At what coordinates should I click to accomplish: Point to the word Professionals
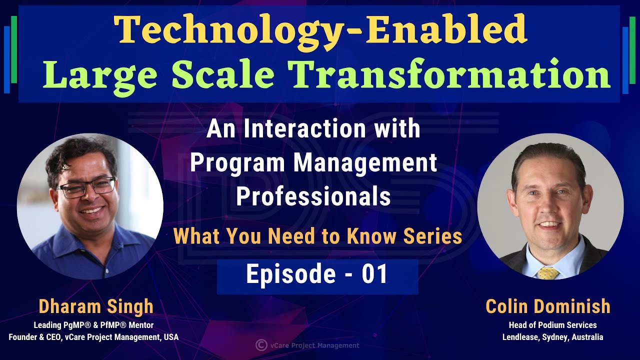click(x=313, y=196)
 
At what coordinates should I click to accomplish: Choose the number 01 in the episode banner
click(x=374, y=275)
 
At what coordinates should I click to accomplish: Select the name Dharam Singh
click(x=95, y=306)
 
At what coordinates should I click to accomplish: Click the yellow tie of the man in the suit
click(x=548, y=273)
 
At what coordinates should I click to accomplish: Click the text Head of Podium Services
click(x=552, y=325)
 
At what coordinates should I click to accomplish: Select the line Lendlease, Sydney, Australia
click(x=552, y=337)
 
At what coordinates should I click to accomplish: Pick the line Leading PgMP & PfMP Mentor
click(x=93, y=325)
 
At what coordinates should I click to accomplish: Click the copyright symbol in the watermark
click(x=260, y=344)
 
